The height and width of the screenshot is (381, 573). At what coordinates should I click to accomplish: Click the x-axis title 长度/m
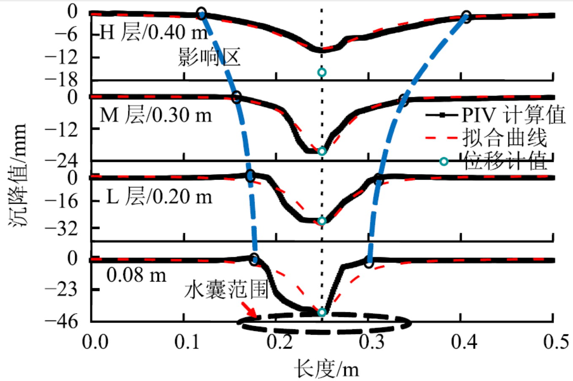(x=327, y=369)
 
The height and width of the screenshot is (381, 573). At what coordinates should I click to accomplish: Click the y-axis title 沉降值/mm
(x=18, y=175)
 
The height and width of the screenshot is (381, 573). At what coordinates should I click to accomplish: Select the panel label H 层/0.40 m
(x=154, y=32)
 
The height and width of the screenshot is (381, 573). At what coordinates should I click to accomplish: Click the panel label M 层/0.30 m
(x=155, y=115)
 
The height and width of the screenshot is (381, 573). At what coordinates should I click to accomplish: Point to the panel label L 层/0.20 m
(x=159, y=196)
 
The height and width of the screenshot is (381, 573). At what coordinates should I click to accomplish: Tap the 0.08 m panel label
(x=136, y=275)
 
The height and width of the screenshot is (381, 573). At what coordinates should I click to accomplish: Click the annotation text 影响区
(x=209, y=57)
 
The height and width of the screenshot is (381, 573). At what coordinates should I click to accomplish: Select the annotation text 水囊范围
(x=226, y=290)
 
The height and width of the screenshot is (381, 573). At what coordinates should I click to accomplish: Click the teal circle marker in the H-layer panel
(x=322, y=72)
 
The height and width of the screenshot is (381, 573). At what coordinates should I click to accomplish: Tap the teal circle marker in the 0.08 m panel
(x=322, y=312)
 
